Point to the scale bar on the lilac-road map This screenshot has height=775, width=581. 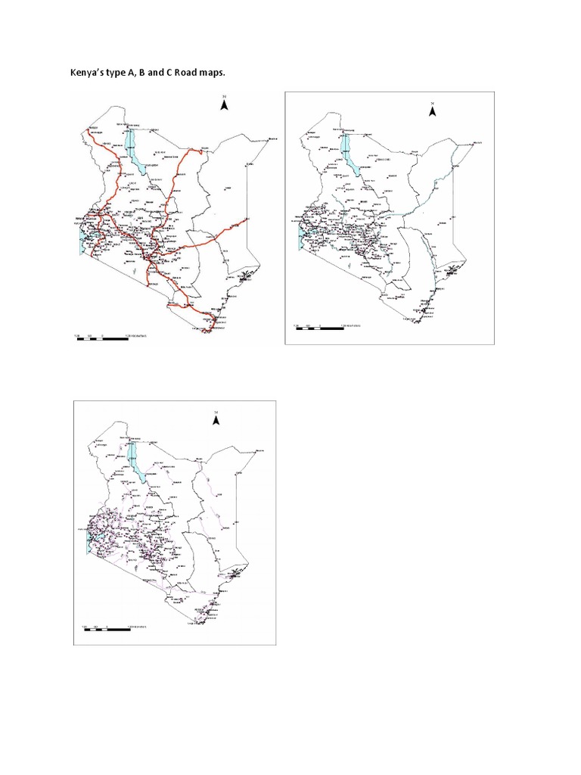(x=113, y=627)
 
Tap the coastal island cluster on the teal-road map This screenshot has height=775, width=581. (x=452, y=269)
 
